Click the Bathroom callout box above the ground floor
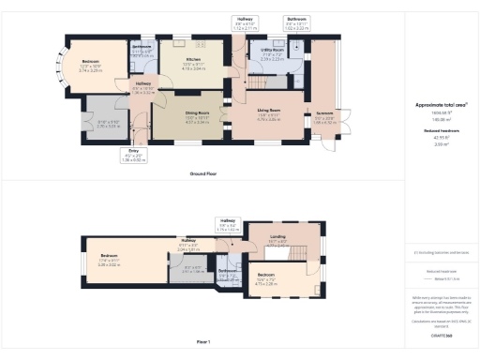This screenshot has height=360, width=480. [297, 23]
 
